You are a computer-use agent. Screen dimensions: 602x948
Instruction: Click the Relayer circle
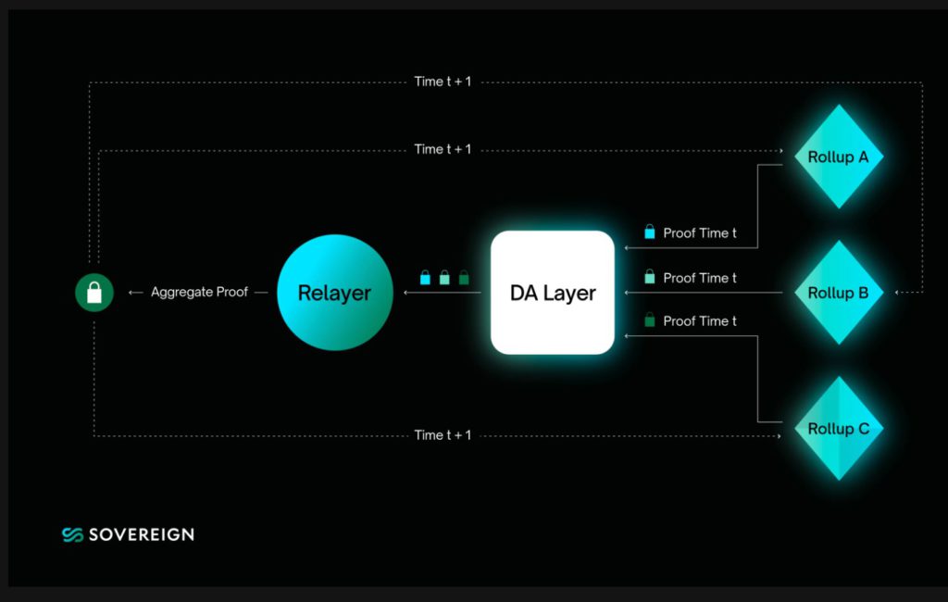pyautogui.click(x=335, y=293)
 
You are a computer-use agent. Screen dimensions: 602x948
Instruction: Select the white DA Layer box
pyautogui.click(x=553, y=293)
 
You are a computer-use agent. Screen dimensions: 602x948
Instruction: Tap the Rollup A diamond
pyautogui.click(x=838, y=157)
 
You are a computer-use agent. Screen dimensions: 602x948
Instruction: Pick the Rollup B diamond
pyautogui.click(x=838, y=293)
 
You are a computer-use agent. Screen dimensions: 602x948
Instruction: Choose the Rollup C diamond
pyautogui.click(x=838, y=428)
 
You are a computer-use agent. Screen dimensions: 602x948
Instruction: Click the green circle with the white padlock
pyautogui.click(x=94, y=293)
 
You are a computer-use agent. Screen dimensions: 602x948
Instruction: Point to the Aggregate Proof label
pyautogui.click(x=199, y=293)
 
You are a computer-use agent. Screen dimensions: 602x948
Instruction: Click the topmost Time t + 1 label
pyautogui.click(x=443, y=82)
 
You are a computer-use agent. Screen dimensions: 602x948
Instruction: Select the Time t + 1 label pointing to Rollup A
pyautogui.click(x=443, y=149)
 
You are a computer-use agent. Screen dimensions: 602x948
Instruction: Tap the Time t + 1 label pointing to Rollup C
pyautogui.click(x=443, y=435)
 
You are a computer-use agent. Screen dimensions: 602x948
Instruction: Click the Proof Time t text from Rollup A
pyautogui.click(x=700, y=233)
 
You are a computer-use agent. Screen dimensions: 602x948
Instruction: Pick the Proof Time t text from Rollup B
pyautogui.click(x=700, y=278)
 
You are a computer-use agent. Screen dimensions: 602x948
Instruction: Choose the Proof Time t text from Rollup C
pyautogui.click(x=700, y=321)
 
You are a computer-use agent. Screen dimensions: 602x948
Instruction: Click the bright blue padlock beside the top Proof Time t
pyautogui.click(x=650, y=232)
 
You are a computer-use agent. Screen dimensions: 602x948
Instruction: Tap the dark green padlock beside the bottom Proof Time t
pyautogui.click(x=650, y=320)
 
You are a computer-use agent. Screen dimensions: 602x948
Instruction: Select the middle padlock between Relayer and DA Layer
pyautogui.click(x=444, y=277)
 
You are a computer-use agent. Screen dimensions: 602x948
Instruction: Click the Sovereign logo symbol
pyautogui.click(x=73, y=534)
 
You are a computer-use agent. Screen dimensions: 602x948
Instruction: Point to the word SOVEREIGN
pyautogui.click(x=142, y=534)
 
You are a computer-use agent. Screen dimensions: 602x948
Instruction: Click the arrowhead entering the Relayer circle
pyautogui.click(x=405, y=293)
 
